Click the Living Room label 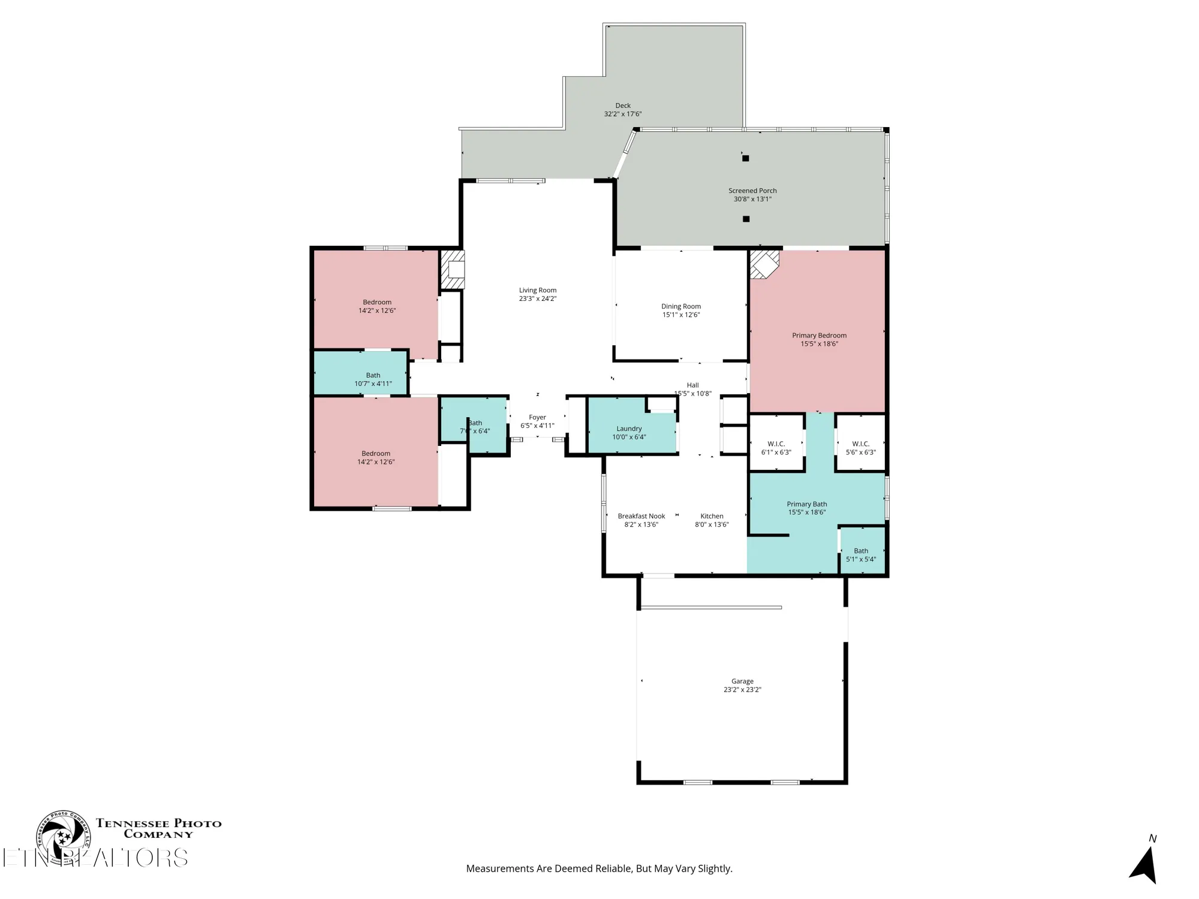[537, 290]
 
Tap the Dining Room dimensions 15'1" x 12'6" [680, 315]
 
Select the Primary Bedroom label [819, 336]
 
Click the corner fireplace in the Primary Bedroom [764, 264]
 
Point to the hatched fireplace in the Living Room [453, 269]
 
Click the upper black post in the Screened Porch [745, 158]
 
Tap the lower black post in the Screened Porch [746, 219]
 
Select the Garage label [742, 681]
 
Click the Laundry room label [629, 429]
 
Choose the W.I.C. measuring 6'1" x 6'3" [776, 448]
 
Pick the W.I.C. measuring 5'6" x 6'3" [860, 448]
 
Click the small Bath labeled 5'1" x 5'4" [861, 555]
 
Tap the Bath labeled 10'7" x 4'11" [373, 379]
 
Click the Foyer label [537, 417]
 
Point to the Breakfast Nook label [641, 516]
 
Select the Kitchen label [712, 516]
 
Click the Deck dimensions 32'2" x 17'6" [622, 114]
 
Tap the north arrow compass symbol [1144, 864]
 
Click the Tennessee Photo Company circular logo [62, 837]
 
